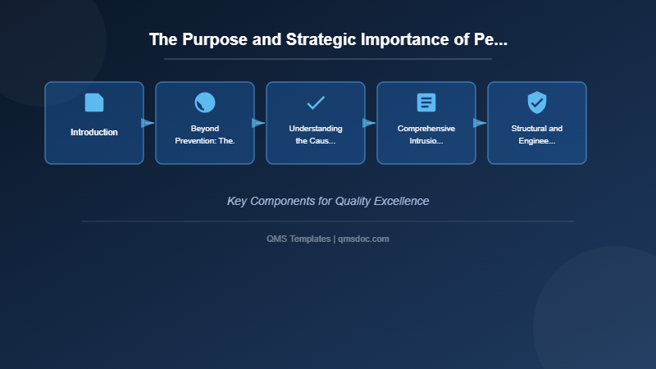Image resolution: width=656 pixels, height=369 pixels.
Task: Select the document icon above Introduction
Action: (94, 102)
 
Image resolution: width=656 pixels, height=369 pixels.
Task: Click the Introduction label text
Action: (94, 132)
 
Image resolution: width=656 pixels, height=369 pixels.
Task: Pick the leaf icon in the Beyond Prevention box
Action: (205, 102)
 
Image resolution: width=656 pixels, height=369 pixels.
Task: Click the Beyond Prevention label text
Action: (205, 134)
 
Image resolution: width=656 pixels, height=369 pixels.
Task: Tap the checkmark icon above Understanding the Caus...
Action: (316, 102)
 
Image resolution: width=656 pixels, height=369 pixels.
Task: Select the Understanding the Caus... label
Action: (316, 134)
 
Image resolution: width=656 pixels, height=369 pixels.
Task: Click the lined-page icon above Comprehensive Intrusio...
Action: (426, 102)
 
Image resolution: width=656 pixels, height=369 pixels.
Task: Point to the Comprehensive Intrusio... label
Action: (426, 134)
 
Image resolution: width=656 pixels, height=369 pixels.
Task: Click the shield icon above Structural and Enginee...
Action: (537, 102)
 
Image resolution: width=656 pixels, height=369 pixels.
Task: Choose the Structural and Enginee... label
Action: (537, 134)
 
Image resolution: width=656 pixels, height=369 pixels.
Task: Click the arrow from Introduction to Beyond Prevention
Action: (148, 123)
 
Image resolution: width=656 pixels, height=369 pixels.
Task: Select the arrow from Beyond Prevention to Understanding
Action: (258, 123)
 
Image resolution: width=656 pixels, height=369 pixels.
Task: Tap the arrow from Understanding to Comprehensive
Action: (369, 123)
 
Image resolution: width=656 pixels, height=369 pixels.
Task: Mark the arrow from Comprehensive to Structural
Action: (480, 123)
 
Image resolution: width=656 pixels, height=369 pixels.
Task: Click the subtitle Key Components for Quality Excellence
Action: (328, 201)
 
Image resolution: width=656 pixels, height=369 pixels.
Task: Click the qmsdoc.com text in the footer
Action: (363, 239)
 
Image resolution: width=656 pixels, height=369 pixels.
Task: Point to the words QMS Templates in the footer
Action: (298, 239)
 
